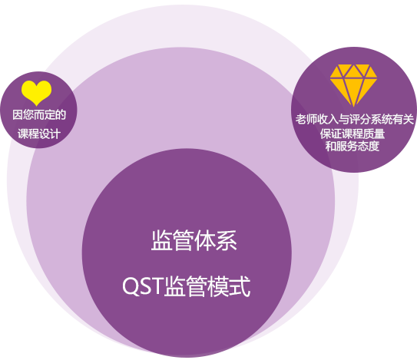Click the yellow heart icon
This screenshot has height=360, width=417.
36,93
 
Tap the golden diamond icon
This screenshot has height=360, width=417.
353,85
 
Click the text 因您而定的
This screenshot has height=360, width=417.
39,115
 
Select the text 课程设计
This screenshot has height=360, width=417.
39,134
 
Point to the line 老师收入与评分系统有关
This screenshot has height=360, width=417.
355,119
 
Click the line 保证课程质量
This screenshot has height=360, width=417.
352,134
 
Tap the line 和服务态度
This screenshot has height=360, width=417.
352,146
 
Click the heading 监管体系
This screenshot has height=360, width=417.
194,240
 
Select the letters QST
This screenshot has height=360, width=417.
142,286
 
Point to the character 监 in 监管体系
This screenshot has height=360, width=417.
162,240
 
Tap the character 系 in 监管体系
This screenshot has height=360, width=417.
227,240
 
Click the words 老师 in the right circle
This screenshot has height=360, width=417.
306,119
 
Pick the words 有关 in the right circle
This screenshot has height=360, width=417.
403,119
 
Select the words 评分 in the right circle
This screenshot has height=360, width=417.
360,119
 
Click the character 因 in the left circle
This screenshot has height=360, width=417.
18,115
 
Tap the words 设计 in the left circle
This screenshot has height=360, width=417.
50,134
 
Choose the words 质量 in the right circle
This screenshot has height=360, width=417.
374,134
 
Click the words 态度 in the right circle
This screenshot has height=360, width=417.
369,146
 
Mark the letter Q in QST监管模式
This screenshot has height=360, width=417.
130,286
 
